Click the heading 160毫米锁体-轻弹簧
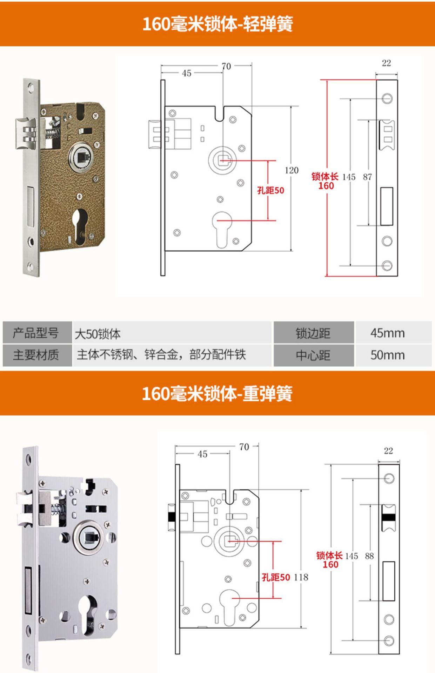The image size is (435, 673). tap(217, 24)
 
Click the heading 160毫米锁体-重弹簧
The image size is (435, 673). tap(217, 394)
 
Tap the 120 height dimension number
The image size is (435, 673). tap(292, 170)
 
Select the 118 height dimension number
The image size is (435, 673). tap(301, 577)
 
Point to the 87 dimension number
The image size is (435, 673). tap(367, 177)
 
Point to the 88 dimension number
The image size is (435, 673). tap(369, 556)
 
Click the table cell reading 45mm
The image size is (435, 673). tap(388, 333)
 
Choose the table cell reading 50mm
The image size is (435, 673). tap(388, 355)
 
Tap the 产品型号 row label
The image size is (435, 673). tap(36, 333)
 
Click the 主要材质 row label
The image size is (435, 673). tap(36, 355)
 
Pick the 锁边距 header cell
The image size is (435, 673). tap(313, 333)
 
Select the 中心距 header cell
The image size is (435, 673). tap(313, 355)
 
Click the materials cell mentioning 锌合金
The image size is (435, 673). tap(161, 355)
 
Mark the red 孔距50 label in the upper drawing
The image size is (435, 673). tap(270, 190)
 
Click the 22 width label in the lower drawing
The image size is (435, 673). tap(388, 451)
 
